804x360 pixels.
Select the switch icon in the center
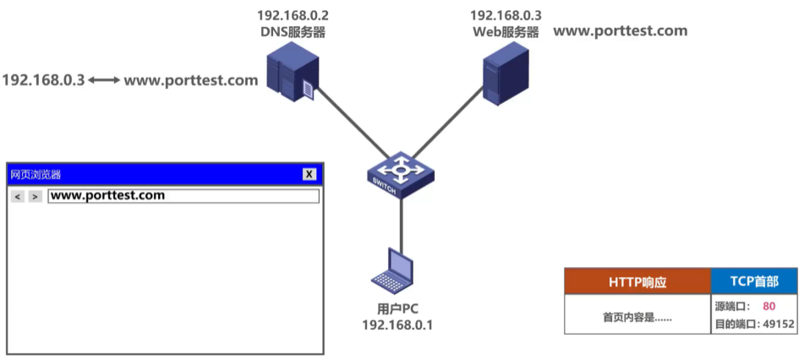click(x=402, y=174)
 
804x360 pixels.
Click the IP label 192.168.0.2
click(x=293, y=15)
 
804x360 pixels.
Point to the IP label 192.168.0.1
click(x=397, y=324)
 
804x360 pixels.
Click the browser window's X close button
click(x=309, y=174)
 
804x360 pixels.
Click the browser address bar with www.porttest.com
click(x=183, y=195)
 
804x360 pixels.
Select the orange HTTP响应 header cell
click(x=637, y=282)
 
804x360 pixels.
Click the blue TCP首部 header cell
click(x=754, y=281)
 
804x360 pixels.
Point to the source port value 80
click(x=768, y=307)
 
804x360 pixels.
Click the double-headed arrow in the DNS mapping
click(x=105, y=80)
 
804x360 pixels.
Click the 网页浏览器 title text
click(x=36, y=174)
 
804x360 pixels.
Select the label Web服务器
click(x=506, y=32)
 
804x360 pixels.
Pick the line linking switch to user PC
click(x=401, y=221)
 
